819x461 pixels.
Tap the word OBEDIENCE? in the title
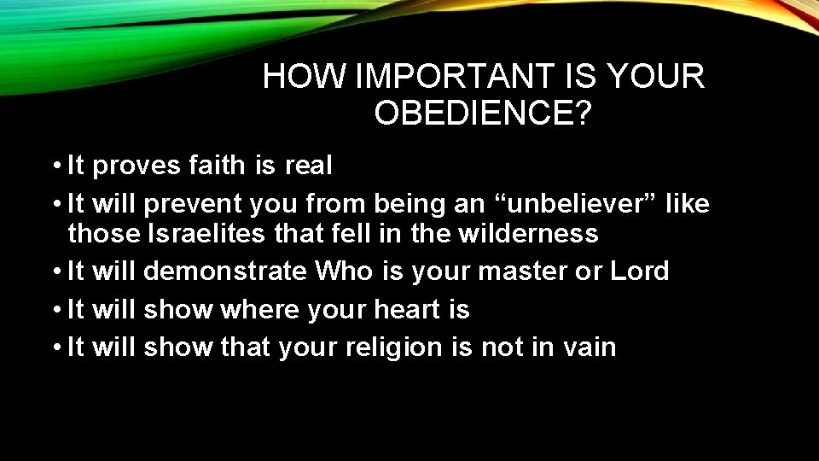pos(483,114)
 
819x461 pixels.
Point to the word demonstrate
pos(225,271)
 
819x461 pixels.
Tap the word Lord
pos(640,271)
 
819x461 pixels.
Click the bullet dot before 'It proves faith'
pos(54,166)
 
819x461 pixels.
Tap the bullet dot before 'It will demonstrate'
pos(54,272)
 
